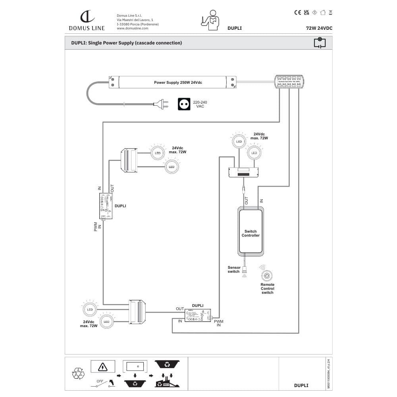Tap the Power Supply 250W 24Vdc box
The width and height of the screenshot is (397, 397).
173,83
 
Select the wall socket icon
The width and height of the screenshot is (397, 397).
184,104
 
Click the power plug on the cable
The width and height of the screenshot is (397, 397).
161,104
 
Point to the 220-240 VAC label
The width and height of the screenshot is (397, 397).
200,104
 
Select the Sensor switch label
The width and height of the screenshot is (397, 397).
234,270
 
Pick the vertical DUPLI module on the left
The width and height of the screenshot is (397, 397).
106,206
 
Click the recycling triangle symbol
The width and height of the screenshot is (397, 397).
78,374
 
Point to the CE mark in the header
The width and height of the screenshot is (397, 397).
297,12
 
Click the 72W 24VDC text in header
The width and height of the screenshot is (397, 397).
319,28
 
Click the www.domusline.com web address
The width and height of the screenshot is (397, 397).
132,29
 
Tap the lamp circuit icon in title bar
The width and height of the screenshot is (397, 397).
320,42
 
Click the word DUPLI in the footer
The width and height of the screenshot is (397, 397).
301,385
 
